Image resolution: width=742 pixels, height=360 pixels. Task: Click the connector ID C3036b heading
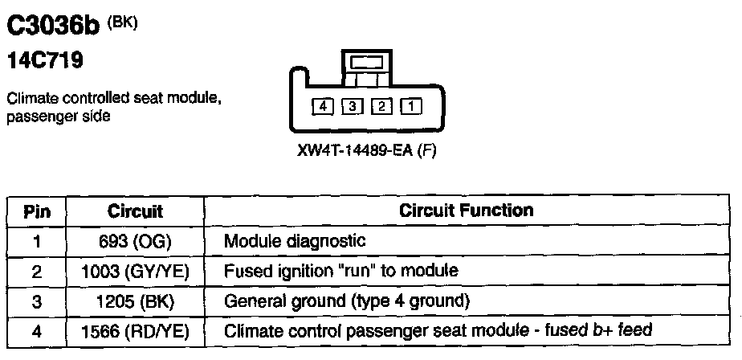[x=52, y=27]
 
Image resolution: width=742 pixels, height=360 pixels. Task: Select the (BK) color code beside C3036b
[x=121, y=22]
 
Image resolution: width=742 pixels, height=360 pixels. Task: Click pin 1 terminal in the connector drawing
[x=410, y=105]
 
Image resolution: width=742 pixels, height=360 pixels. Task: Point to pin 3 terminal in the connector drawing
[x=352, y=105]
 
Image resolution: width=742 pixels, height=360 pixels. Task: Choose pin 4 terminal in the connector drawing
[x=323, y=105]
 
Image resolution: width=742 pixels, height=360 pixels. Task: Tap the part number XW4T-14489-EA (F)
[x=366, y=151]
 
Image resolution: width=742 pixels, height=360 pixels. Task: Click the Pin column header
[x=37, y=211]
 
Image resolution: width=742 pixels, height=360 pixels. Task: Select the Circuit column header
[x=135, y=211]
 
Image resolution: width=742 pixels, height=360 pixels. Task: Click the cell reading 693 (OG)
[x=135, y=241]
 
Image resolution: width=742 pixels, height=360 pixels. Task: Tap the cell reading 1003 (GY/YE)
[x=135, y=271]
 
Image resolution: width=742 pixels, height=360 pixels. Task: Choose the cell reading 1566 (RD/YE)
[x=135, y=330]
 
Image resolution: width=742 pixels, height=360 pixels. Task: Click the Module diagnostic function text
[x=295, y=241]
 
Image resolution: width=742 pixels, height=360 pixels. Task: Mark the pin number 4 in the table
[x=37, y=330]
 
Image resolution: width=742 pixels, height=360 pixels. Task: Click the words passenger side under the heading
[x=58, y=117]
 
